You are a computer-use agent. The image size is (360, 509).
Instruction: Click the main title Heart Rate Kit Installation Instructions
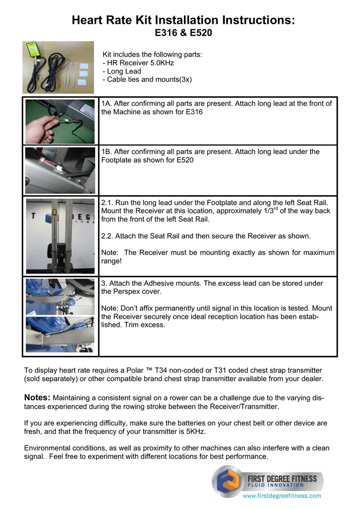click(x=183, y=20)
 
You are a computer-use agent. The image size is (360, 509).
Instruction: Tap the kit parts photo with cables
click(x=58, y=67)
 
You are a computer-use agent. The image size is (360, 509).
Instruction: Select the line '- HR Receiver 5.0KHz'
click(x=138, y=63)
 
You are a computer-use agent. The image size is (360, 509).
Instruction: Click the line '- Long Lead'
click(x=121, y=72)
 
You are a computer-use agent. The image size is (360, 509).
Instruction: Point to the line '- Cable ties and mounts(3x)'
click(x=147, y=80)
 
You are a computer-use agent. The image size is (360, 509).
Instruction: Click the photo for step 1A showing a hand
click(x=60, y=121)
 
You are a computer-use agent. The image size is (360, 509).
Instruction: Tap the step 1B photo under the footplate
click(x=60, y=170)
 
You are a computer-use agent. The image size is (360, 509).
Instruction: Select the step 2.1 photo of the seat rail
click(x=60, y=236)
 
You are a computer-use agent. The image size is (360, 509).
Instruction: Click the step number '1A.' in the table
click(x=106, y=104)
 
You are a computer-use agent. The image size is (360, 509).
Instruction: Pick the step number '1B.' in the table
click(x=106, y=152)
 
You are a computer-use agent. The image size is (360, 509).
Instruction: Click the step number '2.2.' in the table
click(x=108, y=236)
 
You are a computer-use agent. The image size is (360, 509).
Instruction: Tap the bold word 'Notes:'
click(x=37, y=398)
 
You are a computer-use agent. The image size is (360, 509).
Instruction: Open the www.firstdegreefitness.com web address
click(x=281, y=496)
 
